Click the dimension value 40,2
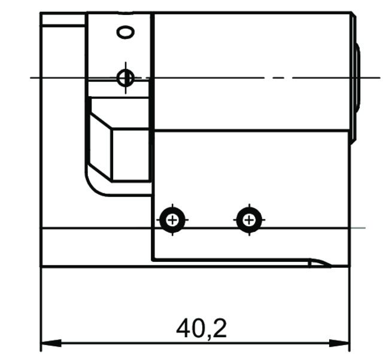202,328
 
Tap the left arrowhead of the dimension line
48,344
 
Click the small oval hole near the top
126,32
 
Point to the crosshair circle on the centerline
125,77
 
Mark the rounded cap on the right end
357,78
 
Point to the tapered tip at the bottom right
320,263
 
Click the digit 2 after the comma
218,328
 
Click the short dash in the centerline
282,78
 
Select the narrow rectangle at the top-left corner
63,19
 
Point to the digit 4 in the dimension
184,328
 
